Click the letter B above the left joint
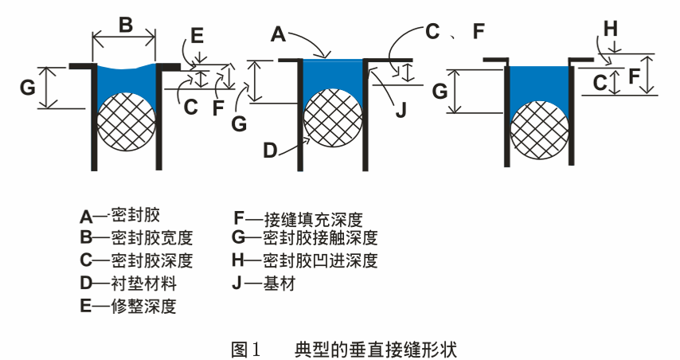tap(126, 24)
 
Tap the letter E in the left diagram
tap(197, 35)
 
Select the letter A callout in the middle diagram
tap(278, 33)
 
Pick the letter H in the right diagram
tap(610, 28)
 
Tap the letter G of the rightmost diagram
tap(439, 91)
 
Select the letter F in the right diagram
tap(635, 77)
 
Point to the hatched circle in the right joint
tap(540, 123)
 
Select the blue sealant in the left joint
tap(127, 80)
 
